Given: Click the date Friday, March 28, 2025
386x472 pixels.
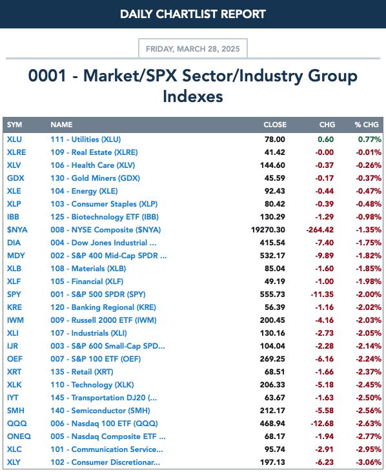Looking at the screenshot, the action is point(193,49).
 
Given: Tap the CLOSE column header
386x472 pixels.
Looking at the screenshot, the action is point(275,125).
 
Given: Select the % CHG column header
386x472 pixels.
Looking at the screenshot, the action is point(367,125).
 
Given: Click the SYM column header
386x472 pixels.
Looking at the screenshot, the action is point(14,125).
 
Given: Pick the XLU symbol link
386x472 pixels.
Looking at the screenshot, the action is point(14,139).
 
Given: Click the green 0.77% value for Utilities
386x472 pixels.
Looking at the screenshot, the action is point(370,139).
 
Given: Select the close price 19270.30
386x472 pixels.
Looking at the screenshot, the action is point(268,230).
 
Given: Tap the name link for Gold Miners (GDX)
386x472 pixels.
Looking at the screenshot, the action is point(95,178).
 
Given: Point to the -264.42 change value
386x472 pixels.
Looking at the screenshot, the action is point(320,230).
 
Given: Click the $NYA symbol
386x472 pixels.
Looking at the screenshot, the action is point(17,230).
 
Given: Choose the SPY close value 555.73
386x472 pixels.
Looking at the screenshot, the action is point(272,294).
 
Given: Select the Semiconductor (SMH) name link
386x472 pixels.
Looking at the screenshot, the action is point(100,411).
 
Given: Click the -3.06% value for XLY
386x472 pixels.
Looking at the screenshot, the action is point(369,462).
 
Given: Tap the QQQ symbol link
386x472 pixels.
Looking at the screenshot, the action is point(17,424).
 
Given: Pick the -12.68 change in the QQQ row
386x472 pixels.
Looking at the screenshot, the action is point(322,424).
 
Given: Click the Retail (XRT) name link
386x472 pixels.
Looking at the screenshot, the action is point(82,372).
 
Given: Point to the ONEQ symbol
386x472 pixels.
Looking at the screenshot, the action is point(19,436).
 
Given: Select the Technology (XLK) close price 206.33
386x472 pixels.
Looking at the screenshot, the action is point(272,385).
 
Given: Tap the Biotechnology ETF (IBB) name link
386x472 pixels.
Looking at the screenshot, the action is point(105,217).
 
